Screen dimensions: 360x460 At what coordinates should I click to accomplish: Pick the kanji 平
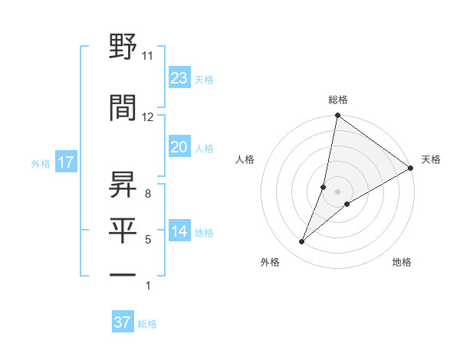tap(123, 231)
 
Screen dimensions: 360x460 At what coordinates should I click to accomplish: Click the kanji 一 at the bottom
tap(123, 275)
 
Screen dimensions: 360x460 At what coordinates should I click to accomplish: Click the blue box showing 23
tap(179, 78)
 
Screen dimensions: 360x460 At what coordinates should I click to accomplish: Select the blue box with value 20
tap(179, 147)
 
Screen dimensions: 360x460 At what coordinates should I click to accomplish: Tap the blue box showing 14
tap(179, 232)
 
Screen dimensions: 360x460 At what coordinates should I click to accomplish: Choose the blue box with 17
tap(65, 162)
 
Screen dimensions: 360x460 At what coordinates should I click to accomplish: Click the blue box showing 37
tap(122, 322)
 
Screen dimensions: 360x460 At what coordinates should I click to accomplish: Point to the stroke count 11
tap(147, 56)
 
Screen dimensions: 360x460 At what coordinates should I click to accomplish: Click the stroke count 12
tap(147, 117)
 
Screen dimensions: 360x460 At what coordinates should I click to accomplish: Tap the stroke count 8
tap(147, 194)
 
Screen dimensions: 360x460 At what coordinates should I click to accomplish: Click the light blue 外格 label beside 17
tap(41, 163)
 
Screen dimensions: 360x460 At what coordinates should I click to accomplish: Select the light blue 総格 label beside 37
tap(147, 324)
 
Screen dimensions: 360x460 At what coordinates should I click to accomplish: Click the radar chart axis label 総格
tap(338, 100)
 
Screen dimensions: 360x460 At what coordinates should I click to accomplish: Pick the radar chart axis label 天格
tap(431, 159)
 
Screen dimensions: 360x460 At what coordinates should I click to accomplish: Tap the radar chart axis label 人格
tap(245, 159)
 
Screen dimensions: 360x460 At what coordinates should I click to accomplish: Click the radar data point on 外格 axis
tap(302, 242)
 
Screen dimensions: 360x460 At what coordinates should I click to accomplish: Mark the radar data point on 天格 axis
tap(411, 169)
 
